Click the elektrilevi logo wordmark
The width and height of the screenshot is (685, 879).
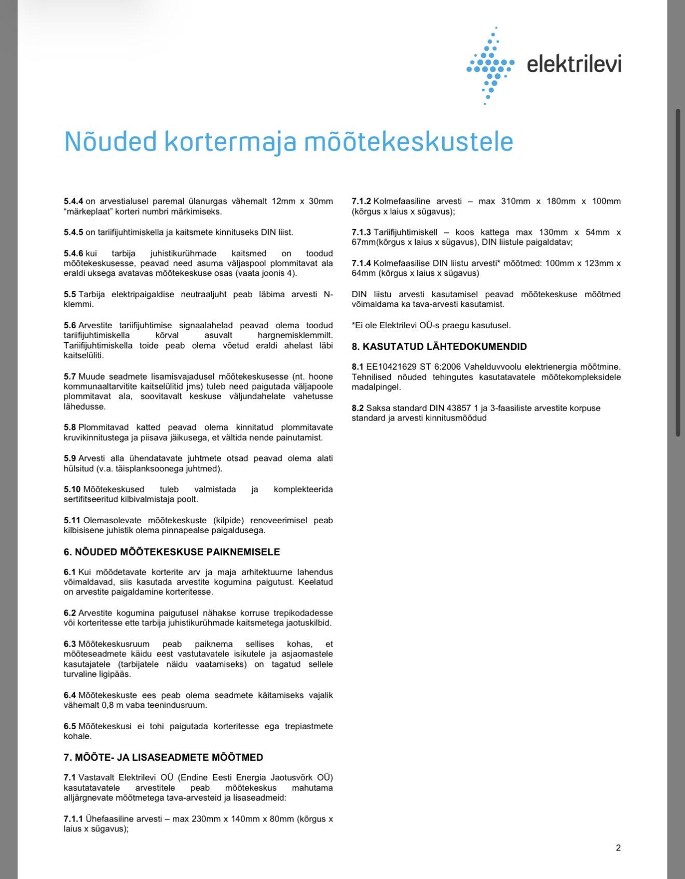pyautogui.click(x=573, y=64)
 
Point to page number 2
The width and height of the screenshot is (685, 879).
pyautogui.click(x=618, y=848)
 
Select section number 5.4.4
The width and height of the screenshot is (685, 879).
pyautogui.click(x=73, y=201)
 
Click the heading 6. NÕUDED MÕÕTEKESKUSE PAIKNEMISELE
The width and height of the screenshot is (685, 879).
pyautogui.click(x=172, y=552)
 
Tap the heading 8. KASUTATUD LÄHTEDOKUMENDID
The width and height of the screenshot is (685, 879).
pyautogui.click(x=439, y=346)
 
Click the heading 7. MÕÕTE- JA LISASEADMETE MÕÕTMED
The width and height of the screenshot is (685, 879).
pyautogui.click(x=163, y=757)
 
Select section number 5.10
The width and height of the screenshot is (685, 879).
pyautogui.click(x=72, y=490)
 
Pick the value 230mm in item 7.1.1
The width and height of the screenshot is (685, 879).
pyautogui.click(x=207, y=819)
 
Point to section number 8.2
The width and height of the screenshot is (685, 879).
pyautogui.click(x=358, y=408)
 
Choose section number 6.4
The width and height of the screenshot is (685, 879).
pyautogui.click(x=70, y=695)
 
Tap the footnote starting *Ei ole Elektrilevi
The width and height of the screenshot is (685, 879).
pyautogui.click(x=431, y=326)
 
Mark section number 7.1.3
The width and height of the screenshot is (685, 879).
pyautogui.click(x=361, y=232)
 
